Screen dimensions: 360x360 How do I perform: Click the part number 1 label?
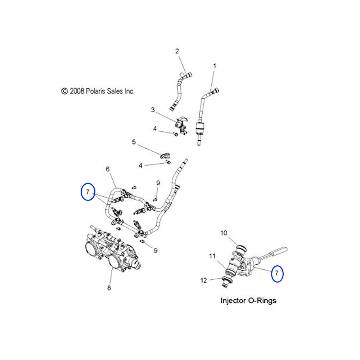point(215,66)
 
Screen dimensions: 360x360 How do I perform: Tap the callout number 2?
point(177,51)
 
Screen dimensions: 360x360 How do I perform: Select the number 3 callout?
point(153,110)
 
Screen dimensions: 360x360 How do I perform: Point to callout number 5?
point(134,142)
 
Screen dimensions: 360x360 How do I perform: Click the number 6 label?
point(107,168)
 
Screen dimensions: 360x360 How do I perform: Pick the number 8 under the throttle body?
point(109,288)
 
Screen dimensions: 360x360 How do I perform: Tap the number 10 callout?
point(224,233)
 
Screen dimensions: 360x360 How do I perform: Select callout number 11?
point(212,256)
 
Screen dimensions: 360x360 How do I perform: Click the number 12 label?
point(204,280)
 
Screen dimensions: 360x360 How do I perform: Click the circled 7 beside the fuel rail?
point(88,192)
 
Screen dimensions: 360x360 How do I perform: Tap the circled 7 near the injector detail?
point(277,274)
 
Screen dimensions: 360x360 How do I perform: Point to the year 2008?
point(77,91)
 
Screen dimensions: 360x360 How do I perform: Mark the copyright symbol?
point(64,91)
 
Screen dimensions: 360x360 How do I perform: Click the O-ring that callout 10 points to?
point(241,248)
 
